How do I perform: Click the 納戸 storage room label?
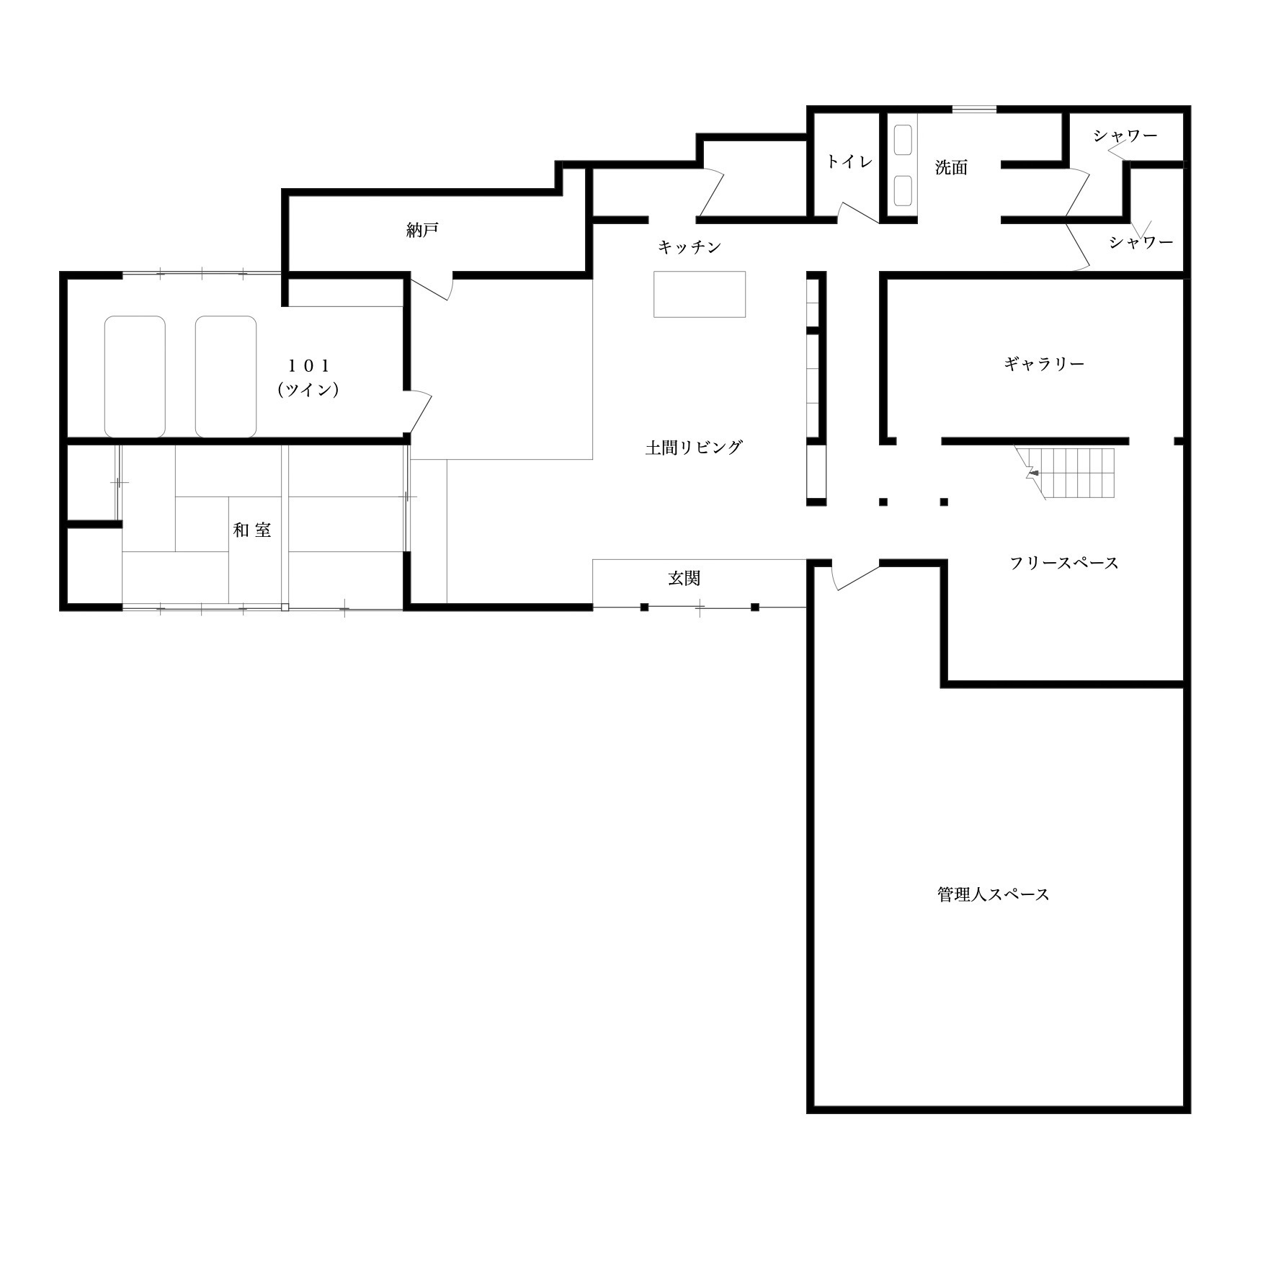(x=422, y=230)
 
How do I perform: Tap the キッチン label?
(x=689, y=247)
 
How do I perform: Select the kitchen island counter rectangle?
(x=699, y=294)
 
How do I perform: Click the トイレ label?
(x=849, y=161)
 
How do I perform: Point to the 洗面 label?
(x=951, y=168)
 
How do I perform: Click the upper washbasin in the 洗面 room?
(x=903, y=140)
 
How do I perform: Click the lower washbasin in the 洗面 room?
(x=903, y=191)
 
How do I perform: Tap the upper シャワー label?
(x=1125, y=135)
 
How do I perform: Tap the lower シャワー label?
(x=1141, y=242)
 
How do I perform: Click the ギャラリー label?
(x=1044, y=364)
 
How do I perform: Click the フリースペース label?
(x=1064, y=563)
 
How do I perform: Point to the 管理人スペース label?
(x=993, y=894)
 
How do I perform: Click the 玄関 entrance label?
(x=684, y=578)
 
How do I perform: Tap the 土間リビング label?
(x=693, y=448)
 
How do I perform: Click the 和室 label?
(x=252, y=530)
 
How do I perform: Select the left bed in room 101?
(x=135, y=376)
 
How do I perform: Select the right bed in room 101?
(x=226, y=376)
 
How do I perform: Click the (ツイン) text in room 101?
(x=308, y=390)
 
